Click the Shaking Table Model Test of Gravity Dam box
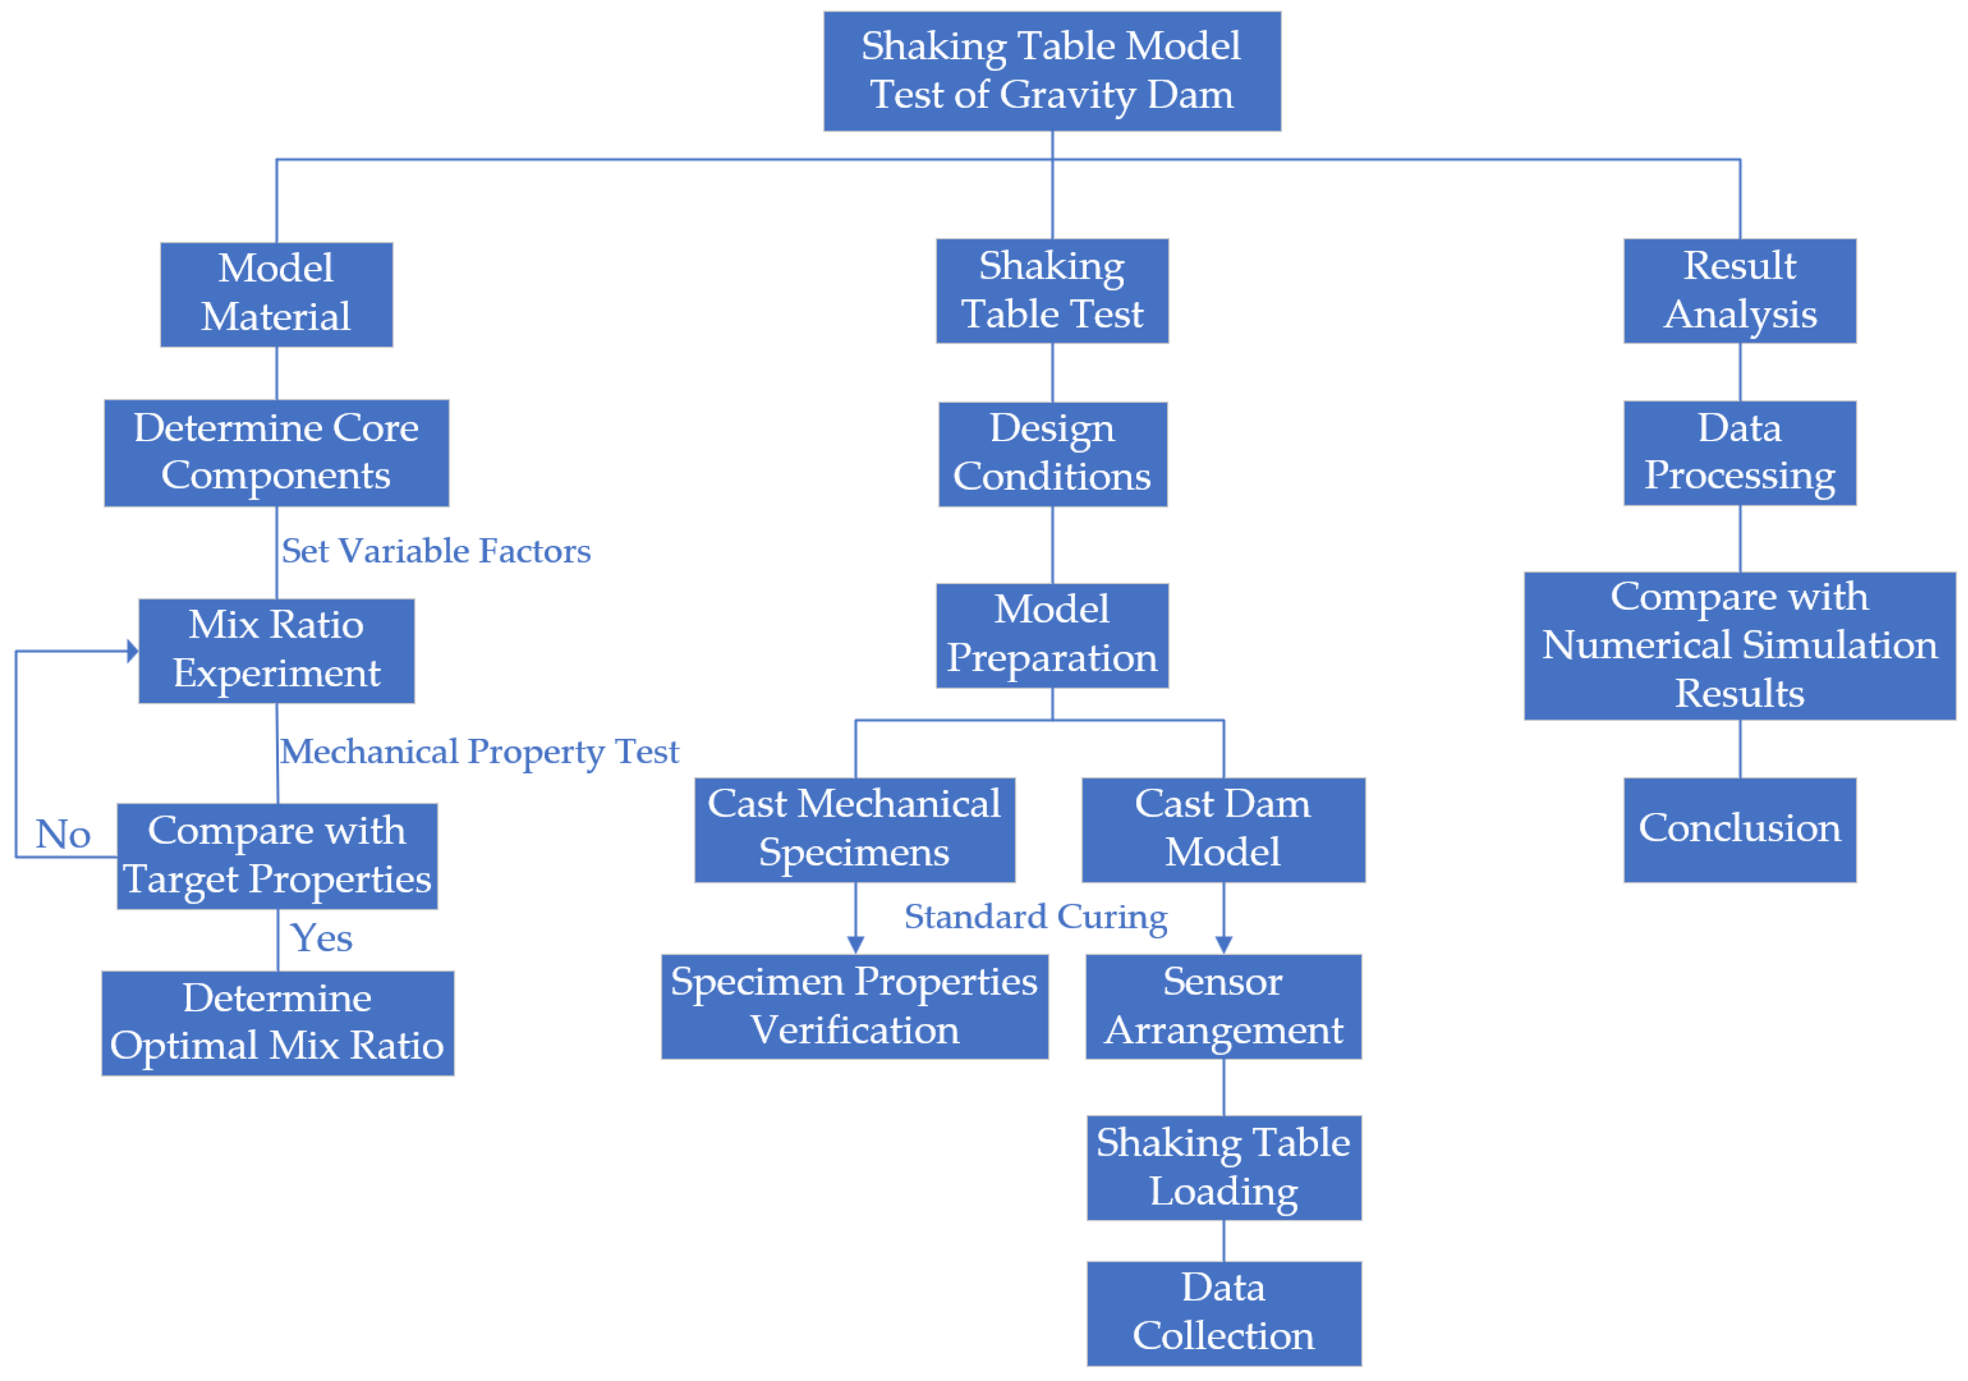1052,71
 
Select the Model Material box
276,294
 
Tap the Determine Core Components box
276,453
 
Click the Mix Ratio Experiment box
276,651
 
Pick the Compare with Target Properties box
277,855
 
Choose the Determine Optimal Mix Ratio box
278,1023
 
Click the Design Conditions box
1052,453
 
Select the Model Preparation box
1052,635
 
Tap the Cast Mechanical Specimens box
855,829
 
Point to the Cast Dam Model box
1223,829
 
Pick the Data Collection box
1223,1313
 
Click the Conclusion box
1739,829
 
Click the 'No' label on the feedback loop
63,834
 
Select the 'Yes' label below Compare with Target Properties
322,938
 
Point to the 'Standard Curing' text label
1036,916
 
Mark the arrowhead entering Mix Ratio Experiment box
132,651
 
